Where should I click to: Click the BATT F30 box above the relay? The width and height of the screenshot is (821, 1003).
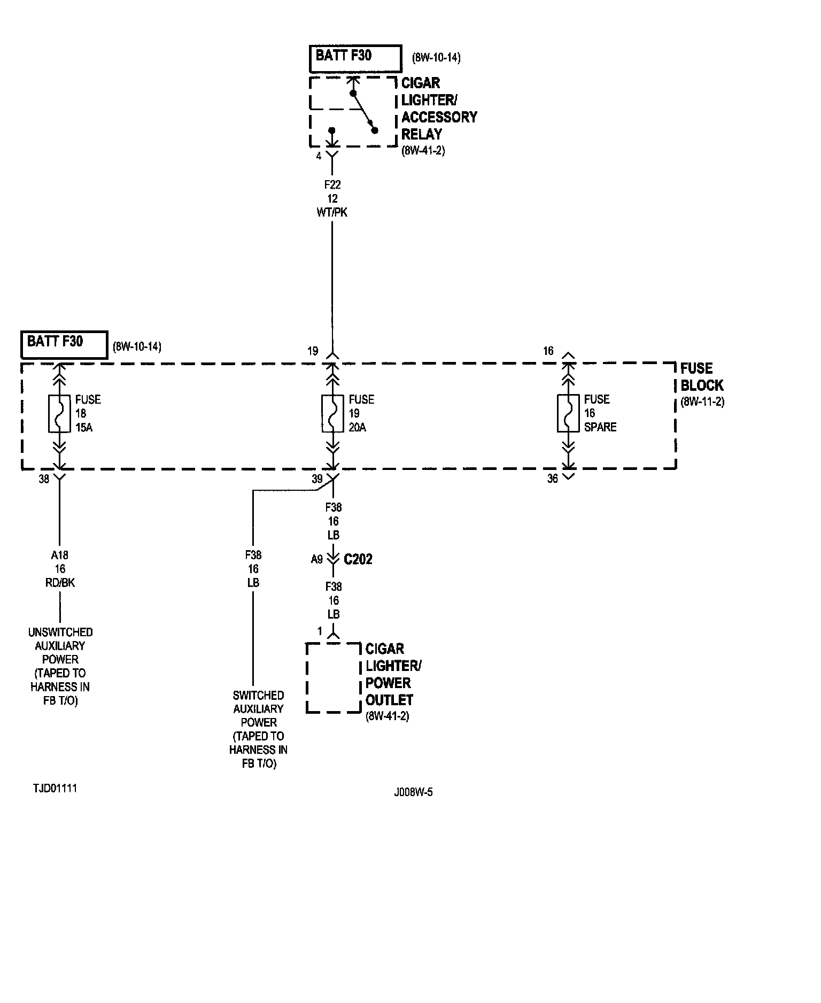pyautogui.click(x=355, y=58)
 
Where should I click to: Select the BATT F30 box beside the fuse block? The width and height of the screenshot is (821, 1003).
pyautogui.click(x=64, y=344)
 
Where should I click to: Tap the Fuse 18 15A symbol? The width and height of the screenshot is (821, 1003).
pyautogui.click(x=59, y=413)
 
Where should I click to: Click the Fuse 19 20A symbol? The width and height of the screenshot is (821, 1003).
pyautogui.click(x=332, y=413)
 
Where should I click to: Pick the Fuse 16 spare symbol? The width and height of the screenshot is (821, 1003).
pyautogui.click(x=568, y=413)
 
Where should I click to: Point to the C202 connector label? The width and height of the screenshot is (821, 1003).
pyautogui.click(x=358, y=559)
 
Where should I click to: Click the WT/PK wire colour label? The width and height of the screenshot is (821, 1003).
pyautogui.click(x=332, y=212)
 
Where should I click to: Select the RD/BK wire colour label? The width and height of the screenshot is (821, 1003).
pyautogui.click(x=60, y=583)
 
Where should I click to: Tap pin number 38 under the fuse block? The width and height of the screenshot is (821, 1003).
pyautogui.click(x=44, y=479)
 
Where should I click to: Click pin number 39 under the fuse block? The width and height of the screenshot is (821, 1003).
pyautogui.click(x=317, y=479)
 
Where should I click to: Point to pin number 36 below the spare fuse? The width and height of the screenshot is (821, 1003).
pyautogui.click(x=553, y=479)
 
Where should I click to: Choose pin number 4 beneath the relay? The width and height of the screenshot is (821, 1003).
pyautogui.click(x=319, y=156)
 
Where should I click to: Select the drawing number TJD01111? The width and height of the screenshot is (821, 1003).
pyautogui.click(x=55, y=789)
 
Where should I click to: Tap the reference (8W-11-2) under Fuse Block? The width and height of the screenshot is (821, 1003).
pyautogui.click(x=702, y=402)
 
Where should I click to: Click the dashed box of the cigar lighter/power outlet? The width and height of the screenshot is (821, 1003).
pyautogui.click(x=334, y=678)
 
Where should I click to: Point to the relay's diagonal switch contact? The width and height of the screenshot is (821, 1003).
pyautogui.click(x=363, y=112)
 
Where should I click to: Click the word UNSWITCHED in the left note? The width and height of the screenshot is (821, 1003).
pyautogui.click(x=60, y=632)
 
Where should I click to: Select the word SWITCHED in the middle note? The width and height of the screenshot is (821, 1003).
pyautogui.click(x=258, y=696)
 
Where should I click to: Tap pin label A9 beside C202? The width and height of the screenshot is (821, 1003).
pyautogui.click(x=317, y=559)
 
